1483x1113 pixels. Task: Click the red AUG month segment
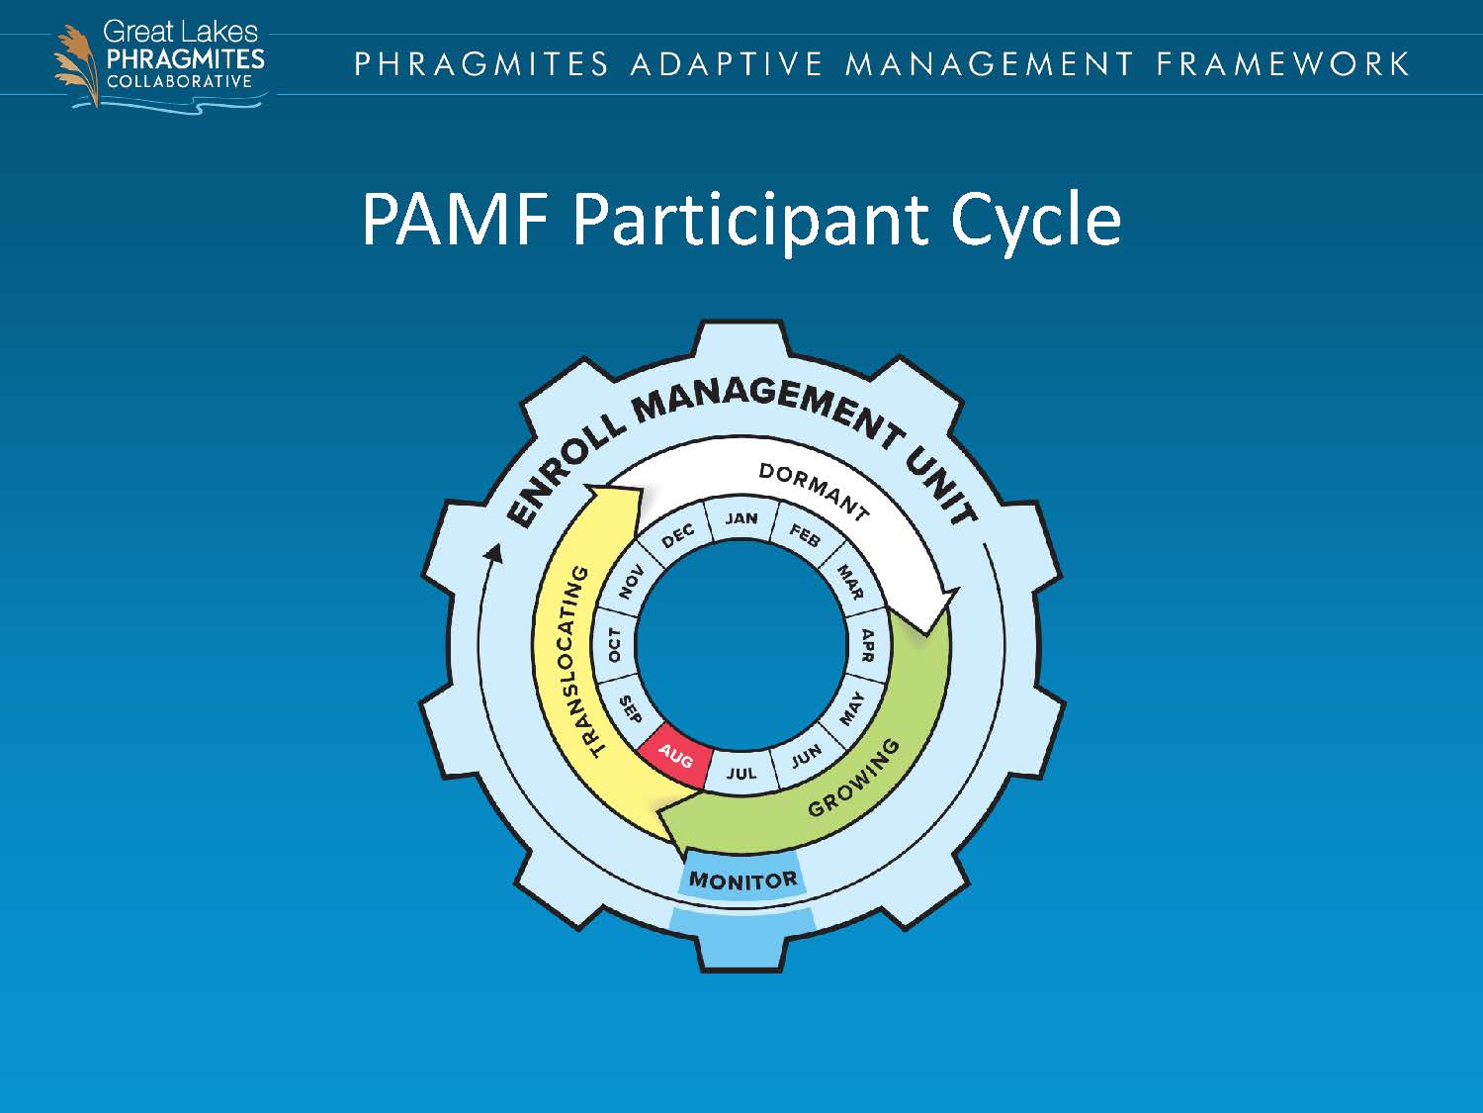[x=675, y=759]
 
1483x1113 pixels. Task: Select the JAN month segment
[x=741, y=518]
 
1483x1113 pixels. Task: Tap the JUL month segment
[x=741, y=773]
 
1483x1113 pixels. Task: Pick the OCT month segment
[x=615, y=645]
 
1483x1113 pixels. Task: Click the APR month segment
[x=867, y=645]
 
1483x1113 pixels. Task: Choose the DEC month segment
[x=678, y=535]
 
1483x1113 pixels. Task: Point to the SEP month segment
[x=630, y=709]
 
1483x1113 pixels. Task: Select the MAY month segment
[x=851, y=709]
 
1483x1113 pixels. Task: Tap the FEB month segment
[x=805, y=535]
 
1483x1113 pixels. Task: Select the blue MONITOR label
[x=742, y=880]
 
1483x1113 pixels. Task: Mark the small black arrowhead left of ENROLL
[x=492, y=552]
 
